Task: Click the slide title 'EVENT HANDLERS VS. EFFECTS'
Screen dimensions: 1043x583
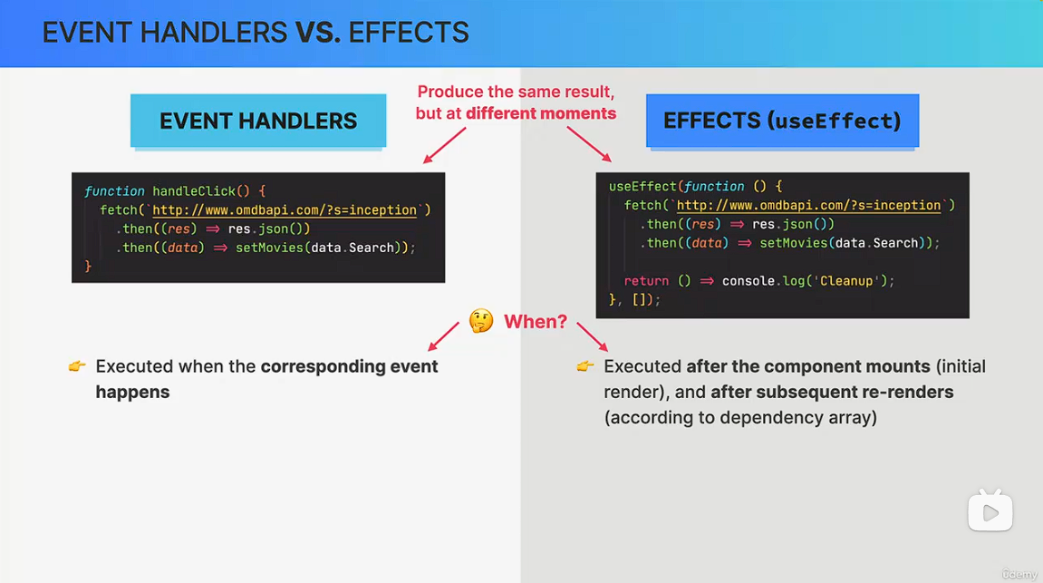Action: pos(256,33)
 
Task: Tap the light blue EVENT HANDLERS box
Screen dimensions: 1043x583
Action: pos(258,121)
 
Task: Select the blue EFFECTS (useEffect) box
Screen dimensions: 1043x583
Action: pos(782,121)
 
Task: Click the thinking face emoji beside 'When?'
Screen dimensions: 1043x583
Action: pos(481,321)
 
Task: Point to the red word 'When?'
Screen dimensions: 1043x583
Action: pos(536,322)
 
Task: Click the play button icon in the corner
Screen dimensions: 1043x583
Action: pos(990,511)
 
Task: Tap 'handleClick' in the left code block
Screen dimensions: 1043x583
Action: pos(194,191)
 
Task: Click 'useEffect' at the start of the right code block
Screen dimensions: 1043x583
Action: pos(642,187)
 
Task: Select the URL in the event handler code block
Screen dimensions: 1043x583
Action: pos(285,210)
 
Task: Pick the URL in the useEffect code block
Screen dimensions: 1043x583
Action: pos(809,206)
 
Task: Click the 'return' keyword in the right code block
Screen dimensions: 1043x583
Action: pos(646,281)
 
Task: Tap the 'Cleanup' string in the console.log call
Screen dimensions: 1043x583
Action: pos(846,281)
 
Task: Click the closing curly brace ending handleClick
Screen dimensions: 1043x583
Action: pos(88,267)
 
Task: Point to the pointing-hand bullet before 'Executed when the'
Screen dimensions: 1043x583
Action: pos(77,366)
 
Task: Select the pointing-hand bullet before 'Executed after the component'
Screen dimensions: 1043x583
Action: pos(585,366)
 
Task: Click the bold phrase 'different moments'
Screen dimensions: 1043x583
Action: pos(541,113)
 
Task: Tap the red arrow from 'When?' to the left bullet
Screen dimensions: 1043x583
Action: pos(444,336)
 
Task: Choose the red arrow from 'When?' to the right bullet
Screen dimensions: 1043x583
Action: pos(593,336)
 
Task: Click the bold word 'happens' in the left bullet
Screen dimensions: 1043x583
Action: pos(132,392)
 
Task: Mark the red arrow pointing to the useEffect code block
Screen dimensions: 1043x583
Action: pos(589,144)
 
